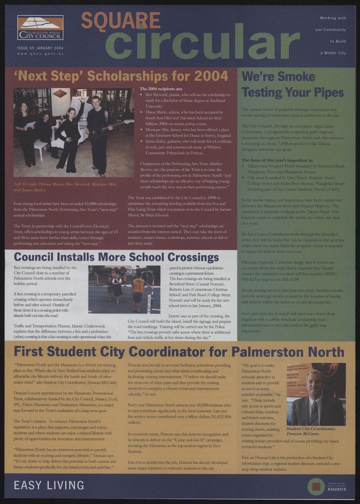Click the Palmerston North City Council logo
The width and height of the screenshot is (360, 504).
40,28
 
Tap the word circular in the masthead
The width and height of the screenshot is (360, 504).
202,41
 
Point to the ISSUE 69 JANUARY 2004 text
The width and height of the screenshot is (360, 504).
40,48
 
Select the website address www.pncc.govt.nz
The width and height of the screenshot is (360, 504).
40,53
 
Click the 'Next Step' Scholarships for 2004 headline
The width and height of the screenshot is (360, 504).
121,76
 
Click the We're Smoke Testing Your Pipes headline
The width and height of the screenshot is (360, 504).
292,84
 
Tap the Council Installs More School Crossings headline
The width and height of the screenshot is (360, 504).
116,257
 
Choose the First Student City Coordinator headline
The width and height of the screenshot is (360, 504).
179,351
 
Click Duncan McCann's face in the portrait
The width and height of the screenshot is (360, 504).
314,384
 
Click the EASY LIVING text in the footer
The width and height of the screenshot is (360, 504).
49,485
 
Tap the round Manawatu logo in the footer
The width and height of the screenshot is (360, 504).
316,486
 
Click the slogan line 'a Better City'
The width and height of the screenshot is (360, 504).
332,53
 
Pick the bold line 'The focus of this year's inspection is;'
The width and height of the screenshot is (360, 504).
277,160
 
